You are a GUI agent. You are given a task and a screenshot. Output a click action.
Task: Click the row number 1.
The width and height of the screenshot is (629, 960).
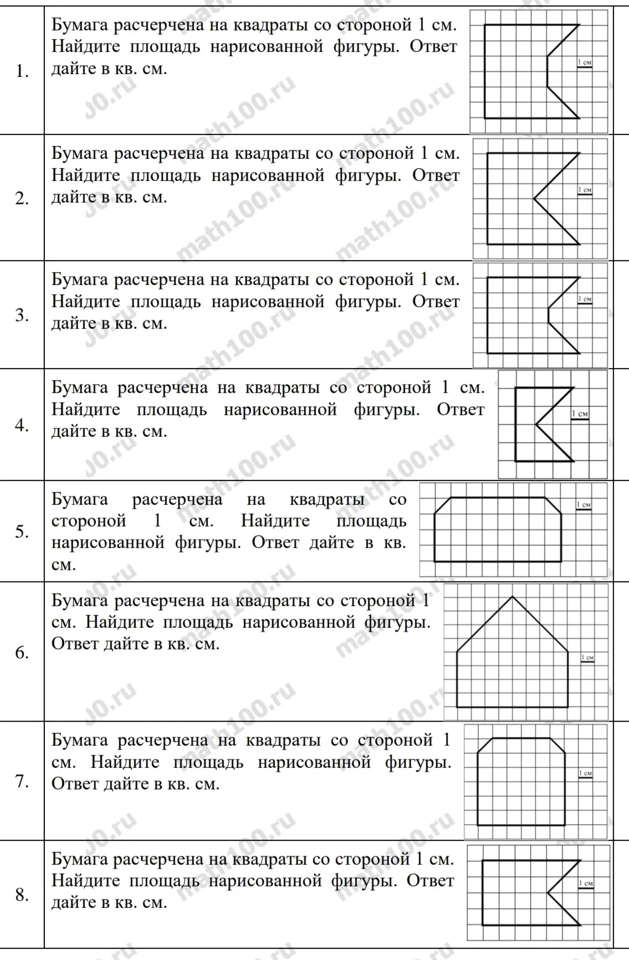[22, 71]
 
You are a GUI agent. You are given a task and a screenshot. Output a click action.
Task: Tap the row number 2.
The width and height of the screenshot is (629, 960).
[22, 198]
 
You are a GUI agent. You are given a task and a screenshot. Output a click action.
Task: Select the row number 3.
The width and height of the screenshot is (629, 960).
[22, 315]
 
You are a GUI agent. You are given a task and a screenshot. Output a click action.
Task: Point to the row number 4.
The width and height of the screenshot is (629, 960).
[22, 425]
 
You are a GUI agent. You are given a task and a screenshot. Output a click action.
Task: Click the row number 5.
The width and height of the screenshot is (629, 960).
[22, 531]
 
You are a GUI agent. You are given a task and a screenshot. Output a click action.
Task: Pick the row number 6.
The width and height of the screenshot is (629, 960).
[22, 653]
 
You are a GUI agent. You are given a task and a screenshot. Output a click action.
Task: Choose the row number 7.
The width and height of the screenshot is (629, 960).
[22, 781]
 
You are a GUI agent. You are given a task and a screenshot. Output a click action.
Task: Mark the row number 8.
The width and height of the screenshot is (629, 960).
[22, 895]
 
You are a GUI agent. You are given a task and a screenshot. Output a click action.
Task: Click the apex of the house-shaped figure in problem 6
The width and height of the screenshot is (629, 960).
[513, 596]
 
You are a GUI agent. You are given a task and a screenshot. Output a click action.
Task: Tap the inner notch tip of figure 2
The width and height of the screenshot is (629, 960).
[534, 199]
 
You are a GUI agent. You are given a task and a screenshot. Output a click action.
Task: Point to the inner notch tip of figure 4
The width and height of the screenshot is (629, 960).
[536, 425]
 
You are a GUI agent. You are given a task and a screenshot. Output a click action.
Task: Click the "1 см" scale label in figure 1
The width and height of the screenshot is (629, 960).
[584, 63]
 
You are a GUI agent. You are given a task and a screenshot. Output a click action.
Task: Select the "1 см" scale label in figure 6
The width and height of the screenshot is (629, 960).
[587, 657]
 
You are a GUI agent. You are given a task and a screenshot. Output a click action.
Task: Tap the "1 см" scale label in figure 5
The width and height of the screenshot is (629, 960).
[584, 504]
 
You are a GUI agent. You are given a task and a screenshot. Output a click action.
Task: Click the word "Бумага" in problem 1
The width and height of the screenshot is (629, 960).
[80, 24]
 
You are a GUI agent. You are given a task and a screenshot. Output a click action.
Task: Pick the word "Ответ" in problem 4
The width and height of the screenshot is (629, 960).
[460, 410]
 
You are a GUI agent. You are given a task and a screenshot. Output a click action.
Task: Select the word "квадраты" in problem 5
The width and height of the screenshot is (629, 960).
[327, 499]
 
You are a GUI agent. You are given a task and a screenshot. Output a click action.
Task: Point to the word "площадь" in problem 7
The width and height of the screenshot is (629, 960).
[208, 762]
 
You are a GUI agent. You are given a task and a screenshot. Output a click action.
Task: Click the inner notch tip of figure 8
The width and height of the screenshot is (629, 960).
[548, 892]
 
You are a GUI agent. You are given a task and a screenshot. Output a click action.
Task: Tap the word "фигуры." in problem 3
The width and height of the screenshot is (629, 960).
[366, 302]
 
